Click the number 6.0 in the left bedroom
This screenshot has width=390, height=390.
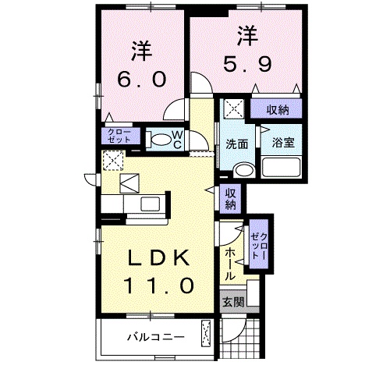(x=142, y=79)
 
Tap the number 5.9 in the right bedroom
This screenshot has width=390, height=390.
(x=247, y=64)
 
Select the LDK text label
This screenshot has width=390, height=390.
(x=158, y=257)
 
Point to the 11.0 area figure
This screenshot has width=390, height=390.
(x=159, y=285)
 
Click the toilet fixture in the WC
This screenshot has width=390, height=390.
(x=158, y=140)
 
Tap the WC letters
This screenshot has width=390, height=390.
(x=177, y=140)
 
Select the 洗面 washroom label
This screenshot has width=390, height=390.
(x=236, y=144)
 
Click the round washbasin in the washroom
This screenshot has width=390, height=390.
(x=244, y=170)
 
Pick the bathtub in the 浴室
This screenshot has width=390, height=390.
(x=281, y=167)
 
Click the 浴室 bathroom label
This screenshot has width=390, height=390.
(x=283, y=143)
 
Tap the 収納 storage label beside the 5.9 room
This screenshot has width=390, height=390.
(x=278, y=110)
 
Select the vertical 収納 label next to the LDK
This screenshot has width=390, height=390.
(x=230, y=199)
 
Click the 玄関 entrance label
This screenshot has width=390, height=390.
(x=233, y=302)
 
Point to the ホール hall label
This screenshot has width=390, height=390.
(x=230, y=264)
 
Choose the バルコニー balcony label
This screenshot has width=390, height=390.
(x=156, y=338)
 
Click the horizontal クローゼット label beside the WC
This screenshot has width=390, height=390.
(x=119, y=136)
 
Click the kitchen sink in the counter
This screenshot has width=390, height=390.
(x=150, y=204)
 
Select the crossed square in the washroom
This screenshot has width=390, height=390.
(x=234, y=108)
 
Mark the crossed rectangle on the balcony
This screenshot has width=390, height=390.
(x=206, y=334)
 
